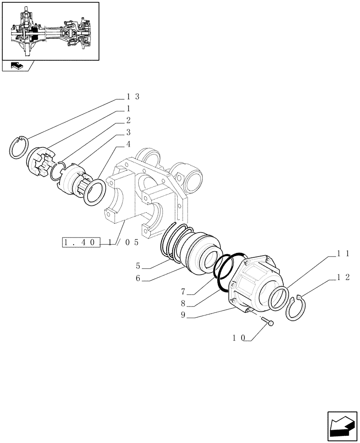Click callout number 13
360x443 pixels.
click(133, 97)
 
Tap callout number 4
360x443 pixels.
click(128, 144)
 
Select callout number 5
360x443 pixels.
click(138, 266)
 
